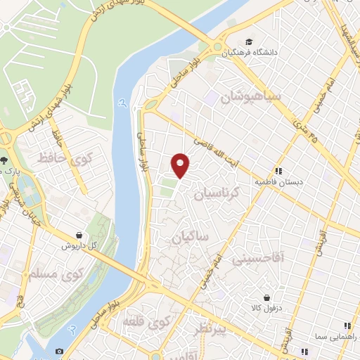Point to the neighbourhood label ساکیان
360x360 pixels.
point(191,238)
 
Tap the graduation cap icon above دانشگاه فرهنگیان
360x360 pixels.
point(248,41)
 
